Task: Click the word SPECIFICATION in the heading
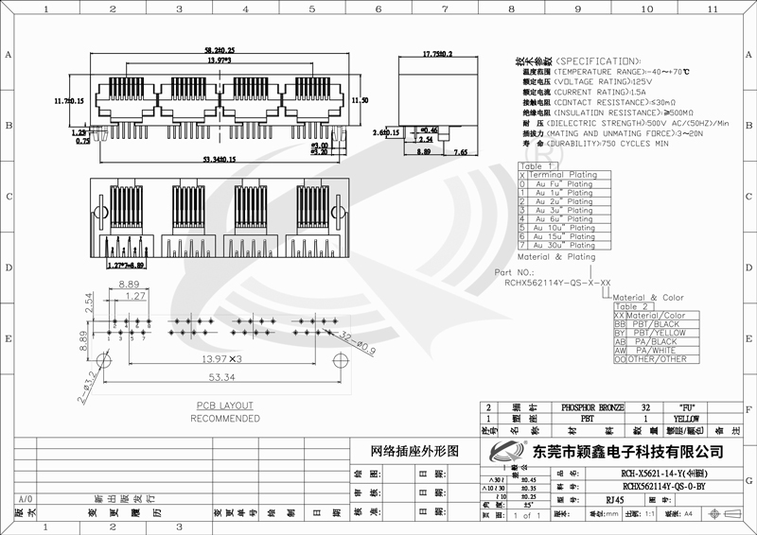point(605,60)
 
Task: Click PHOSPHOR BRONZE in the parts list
point(593,405)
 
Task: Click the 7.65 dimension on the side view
point(461,151)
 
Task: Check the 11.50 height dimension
point(360,100)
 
